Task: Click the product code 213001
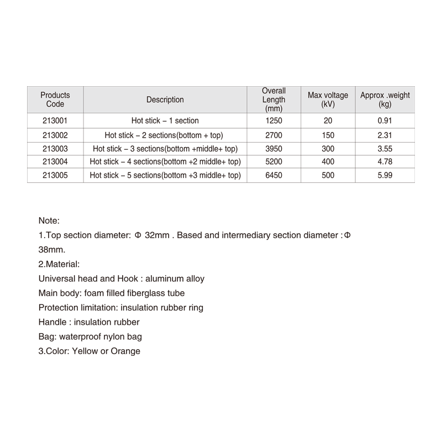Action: [x=55, y=120]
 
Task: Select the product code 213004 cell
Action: [x=55, y=161]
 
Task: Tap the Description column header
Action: [x=165, y=100]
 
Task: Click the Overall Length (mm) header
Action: [x=274, y=100]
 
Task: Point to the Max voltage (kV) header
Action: [x=328, y=100]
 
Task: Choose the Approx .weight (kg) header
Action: [x=385, y=100]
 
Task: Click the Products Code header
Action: [x=55, y=100]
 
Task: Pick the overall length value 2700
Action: [x=274, y=134]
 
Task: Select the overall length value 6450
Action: [x=274, y=175]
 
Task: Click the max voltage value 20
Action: [x=328, y=120]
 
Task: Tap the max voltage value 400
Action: [x=328, y=161]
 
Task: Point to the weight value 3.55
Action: [x=385, y=148]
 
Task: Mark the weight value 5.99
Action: [x=385, y=175]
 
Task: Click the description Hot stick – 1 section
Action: [x=165, y=120]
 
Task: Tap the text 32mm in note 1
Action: [x=156, y=235]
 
